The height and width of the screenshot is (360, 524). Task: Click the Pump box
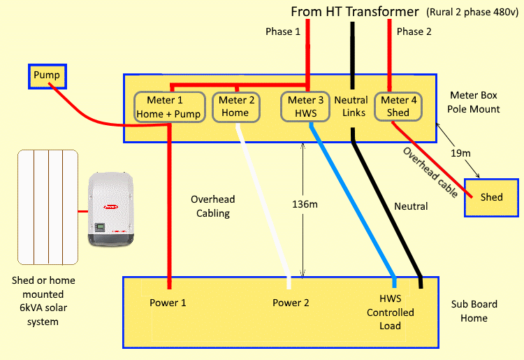47,75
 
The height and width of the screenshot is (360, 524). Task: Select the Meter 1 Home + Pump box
168,107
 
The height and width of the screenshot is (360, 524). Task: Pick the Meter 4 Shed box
398,107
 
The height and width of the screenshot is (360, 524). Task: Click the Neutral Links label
350,107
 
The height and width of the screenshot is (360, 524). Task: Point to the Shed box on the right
491,197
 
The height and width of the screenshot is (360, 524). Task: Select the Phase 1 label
282,32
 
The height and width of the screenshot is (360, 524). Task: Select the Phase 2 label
414,32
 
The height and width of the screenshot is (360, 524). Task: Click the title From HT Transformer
355,12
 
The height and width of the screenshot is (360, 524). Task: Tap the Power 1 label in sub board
168,303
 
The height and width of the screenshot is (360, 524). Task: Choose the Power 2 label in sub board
291,303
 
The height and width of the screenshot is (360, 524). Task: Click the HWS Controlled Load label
391,312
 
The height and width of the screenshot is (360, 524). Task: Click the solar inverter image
110,210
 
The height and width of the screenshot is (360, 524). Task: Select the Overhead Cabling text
214,206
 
